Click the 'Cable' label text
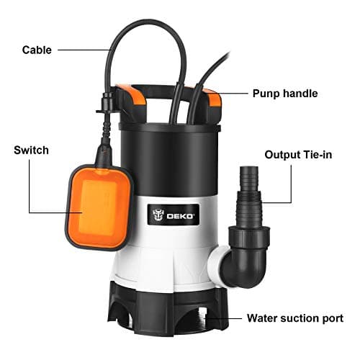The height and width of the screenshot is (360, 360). pyautogui.click(x=37, y=50)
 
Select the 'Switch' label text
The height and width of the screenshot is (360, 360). pyautogui.click(x=32, y=150)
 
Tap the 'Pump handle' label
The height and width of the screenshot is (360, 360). pyautogui.click(x=284, y=93)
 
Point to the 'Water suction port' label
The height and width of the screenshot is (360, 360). pyautogui.click(x=295, y=318)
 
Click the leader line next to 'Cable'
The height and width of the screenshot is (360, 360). pyautogui.click(x=83, y=50)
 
